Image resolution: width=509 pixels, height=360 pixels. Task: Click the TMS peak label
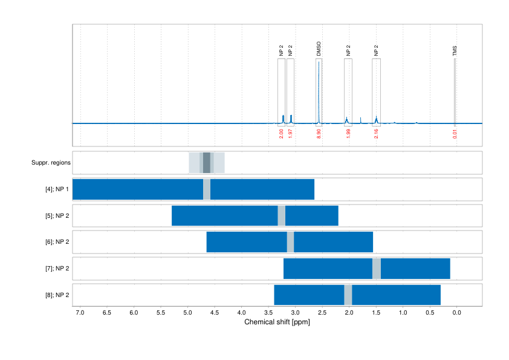(455, 51)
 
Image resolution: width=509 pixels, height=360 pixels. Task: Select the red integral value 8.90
(319, 133)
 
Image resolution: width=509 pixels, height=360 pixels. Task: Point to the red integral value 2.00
(281, 133)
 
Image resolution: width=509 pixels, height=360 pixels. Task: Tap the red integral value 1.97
(290, 133)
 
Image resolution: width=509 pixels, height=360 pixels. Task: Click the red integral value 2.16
(376, 133)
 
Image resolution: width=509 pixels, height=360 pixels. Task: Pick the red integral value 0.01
(455, 133)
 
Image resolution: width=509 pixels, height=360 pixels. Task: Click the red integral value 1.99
(348, 133)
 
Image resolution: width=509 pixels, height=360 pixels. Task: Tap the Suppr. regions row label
(51, 163)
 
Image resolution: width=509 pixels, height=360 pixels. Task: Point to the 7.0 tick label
(80, 312)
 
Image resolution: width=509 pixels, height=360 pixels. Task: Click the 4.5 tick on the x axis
(215, 312)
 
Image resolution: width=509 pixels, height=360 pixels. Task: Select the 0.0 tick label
(456, 312)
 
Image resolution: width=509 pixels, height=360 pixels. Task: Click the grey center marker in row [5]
(281, 215)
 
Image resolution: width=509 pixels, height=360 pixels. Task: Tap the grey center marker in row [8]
(348, 295)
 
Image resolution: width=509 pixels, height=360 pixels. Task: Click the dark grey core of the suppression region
(207, 163)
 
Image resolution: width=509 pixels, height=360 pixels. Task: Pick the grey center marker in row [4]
(207, 189)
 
